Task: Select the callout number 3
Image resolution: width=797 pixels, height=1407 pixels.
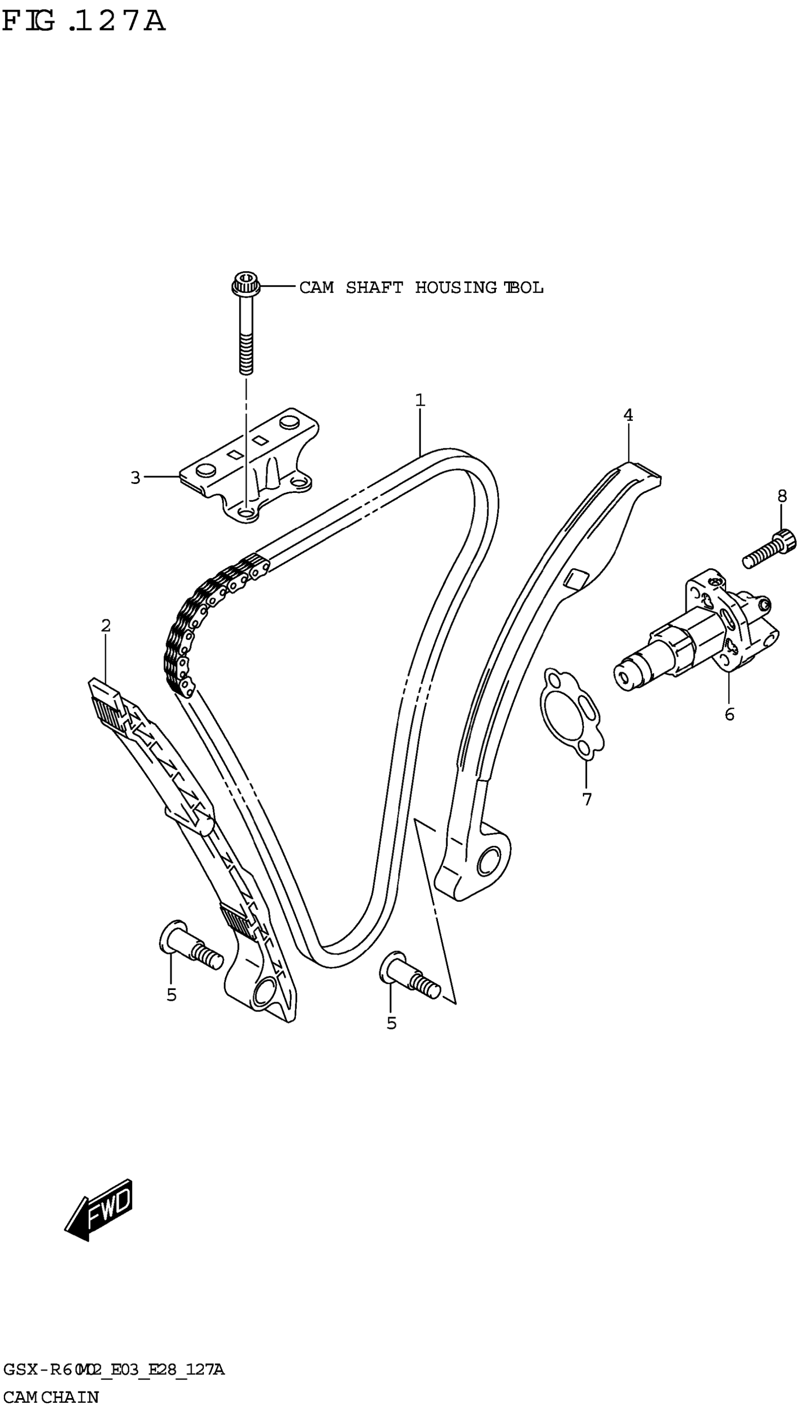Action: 135,477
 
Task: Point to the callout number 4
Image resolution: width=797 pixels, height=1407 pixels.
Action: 628,415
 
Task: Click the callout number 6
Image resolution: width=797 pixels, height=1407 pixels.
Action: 729,714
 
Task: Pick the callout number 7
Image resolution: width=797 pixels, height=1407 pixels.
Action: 587,799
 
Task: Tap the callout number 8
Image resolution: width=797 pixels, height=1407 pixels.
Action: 782,496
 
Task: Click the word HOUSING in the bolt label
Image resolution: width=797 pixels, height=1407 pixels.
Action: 455,288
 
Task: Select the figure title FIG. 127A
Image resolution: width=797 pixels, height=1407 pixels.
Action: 83,22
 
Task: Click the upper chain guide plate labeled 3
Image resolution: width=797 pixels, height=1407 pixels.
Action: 249,465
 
